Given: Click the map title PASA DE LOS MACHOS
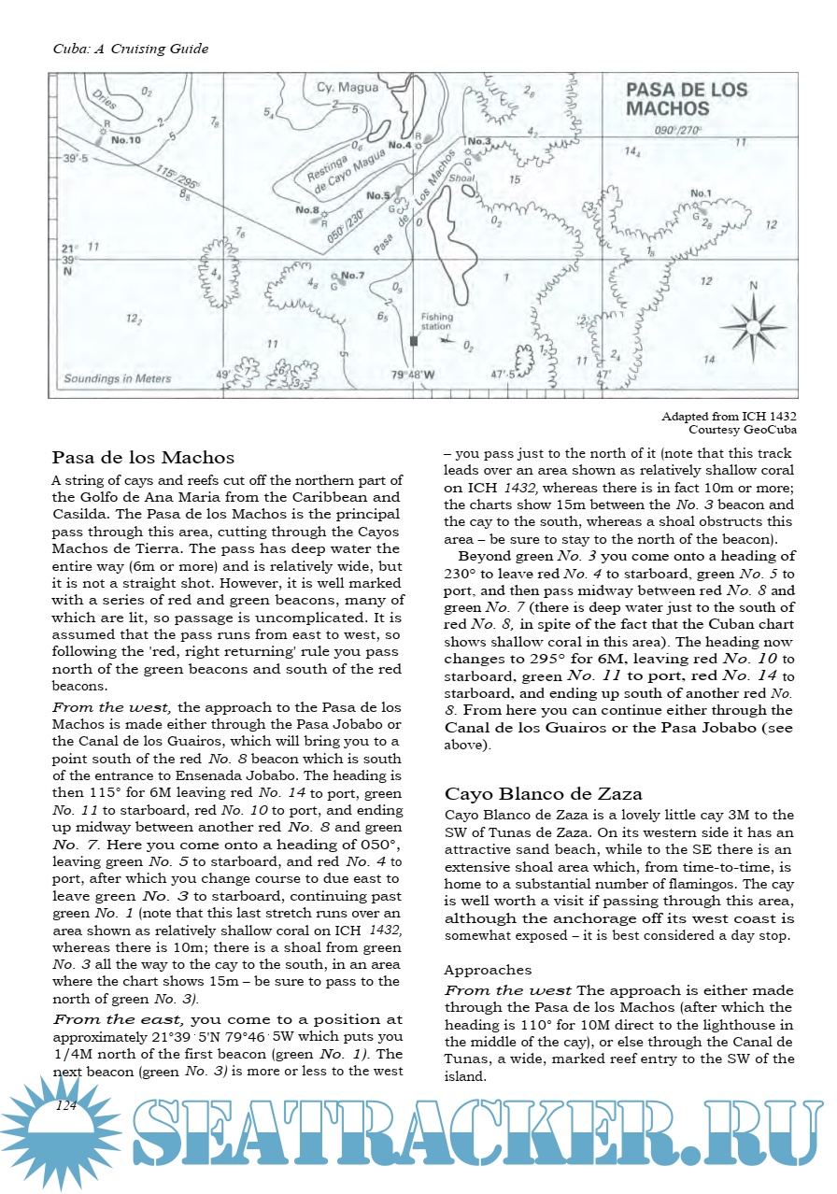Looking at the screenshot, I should [686, 99].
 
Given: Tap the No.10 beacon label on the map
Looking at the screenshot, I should [125, 140].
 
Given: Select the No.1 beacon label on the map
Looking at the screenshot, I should [701, 193].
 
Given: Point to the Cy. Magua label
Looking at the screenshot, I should [348, 88].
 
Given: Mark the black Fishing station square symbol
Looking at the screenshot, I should [413, 342].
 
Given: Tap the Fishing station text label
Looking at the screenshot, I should [436, 321].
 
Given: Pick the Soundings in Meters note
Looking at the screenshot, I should [118, 379].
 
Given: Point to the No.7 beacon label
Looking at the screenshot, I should [352, 276].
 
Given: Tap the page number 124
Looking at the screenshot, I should [66, 1106].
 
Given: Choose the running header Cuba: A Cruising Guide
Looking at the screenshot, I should [130, 49].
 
